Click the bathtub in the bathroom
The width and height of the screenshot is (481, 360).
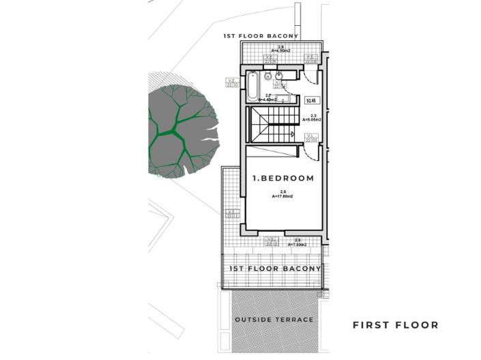click(x=252, y=86)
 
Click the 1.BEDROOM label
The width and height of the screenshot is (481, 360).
click(x=283, y=179)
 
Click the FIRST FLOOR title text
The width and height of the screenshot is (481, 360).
click(x=395, y=325)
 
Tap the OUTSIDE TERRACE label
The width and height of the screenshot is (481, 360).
click(x=274, y=320)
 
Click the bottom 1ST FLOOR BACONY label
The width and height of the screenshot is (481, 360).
click(x=275, y=269)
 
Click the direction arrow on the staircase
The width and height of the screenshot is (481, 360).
click(x=291, y=134)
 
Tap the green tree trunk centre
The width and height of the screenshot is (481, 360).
click(x=176, y=130)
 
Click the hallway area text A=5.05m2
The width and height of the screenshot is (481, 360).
click(x=312, y=119)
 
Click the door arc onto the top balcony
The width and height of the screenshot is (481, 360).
click(x=310, y=61)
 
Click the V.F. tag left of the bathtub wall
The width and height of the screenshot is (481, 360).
click(x=232, y=82)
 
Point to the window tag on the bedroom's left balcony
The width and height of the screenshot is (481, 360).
click(x=233, y=213)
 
